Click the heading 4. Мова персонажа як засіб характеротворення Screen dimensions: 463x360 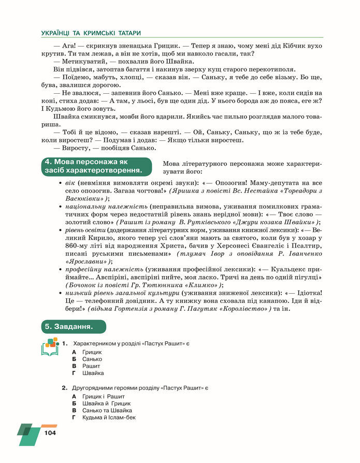pyautogui.click(x=96, y=167)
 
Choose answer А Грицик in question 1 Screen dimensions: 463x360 pyautogui.click(x=88, y=352)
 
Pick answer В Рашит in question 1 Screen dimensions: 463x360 pyautogui.click(x=87, y=366)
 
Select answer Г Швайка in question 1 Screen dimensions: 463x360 pyautogui.click(x=89, y=373)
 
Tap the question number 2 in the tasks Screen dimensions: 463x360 pyautogui.click(x=64, y=387)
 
